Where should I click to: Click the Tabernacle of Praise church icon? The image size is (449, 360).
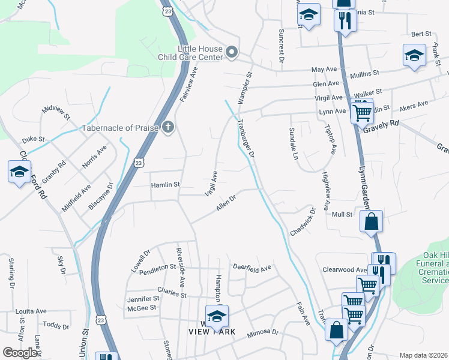pos(167,127)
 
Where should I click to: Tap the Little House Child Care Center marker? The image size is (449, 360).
pos(232,53)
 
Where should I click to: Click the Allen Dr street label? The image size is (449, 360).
pos(226,203)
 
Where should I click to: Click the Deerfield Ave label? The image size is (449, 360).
pos(252,268)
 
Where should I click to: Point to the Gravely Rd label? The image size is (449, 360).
pos(385,124)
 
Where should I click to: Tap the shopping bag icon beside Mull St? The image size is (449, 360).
pos(372,221)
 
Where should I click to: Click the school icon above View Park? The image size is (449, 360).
pos(217,315)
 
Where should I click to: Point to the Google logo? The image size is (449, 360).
pos(20,353)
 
